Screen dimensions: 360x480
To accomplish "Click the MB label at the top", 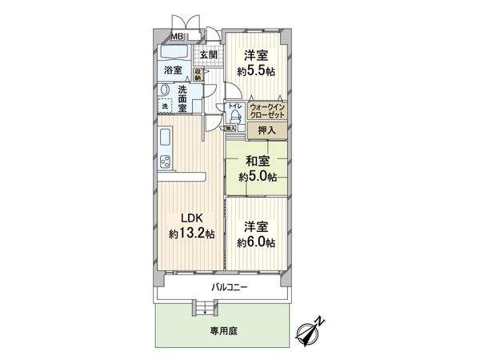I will [176, 37].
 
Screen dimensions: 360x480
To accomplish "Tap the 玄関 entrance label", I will [208, 54].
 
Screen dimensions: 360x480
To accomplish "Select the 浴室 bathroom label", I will [173, 70].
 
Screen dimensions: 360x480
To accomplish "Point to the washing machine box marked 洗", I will [166, 106].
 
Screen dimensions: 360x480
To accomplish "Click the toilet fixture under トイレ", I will [235, 116].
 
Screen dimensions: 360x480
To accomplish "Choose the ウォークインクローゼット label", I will [266, 110].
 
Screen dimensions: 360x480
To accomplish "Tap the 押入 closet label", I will [267, 130].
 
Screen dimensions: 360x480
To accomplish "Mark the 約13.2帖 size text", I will [191, 234].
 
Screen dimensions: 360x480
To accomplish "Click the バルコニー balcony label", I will [230, 286].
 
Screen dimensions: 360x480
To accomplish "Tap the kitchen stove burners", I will [165, 158].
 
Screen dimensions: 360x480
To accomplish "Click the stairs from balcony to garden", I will [203, 307].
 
